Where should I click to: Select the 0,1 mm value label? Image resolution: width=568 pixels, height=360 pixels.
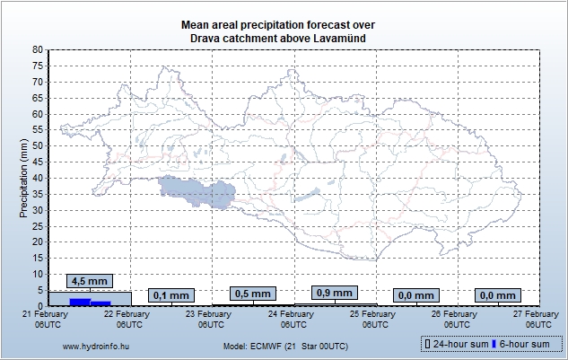tap(171, 294)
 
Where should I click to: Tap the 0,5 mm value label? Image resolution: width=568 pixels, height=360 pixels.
tap(252, 294)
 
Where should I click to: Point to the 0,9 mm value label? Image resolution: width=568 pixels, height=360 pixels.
tap(335, 292)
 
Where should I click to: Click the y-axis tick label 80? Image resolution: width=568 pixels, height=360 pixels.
tap(37, 50)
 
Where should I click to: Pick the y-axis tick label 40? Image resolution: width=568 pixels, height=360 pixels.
tap(37, 178)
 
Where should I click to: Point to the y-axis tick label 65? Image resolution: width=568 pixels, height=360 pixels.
tap(37, 98)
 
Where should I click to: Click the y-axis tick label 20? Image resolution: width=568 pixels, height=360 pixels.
tap(37, 241)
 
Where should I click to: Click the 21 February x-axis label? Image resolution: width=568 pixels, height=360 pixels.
tap(48, 319)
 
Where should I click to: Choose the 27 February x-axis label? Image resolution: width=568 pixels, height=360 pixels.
tap(539, 319)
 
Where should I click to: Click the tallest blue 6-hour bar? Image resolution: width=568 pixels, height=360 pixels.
tap(80, 301)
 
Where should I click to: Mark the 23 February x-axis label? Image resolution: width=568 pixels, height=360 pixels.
tap(212, 319)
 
